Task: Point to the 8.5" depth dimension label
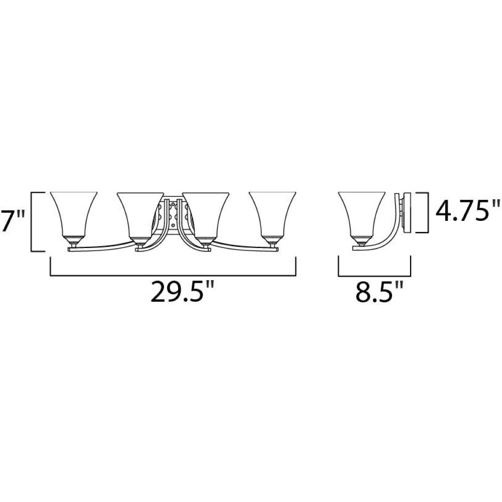pyautogui.click(x=379, y=291)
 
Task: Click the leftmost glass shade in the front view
pyautogui.click(x=74, y=214)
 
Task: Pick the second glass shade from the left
pyautogui.click(x=140, y=214)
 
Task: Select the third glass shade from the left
pyautogui.click(x=205, y=214)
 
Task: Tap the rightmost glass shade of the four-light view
pyautogui.click(x=273, y=214)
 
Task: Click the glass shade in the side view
pyautogui.click(x=361, y=214)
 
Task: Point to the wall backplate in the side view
pyautogui.click(x=408, y=212)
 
